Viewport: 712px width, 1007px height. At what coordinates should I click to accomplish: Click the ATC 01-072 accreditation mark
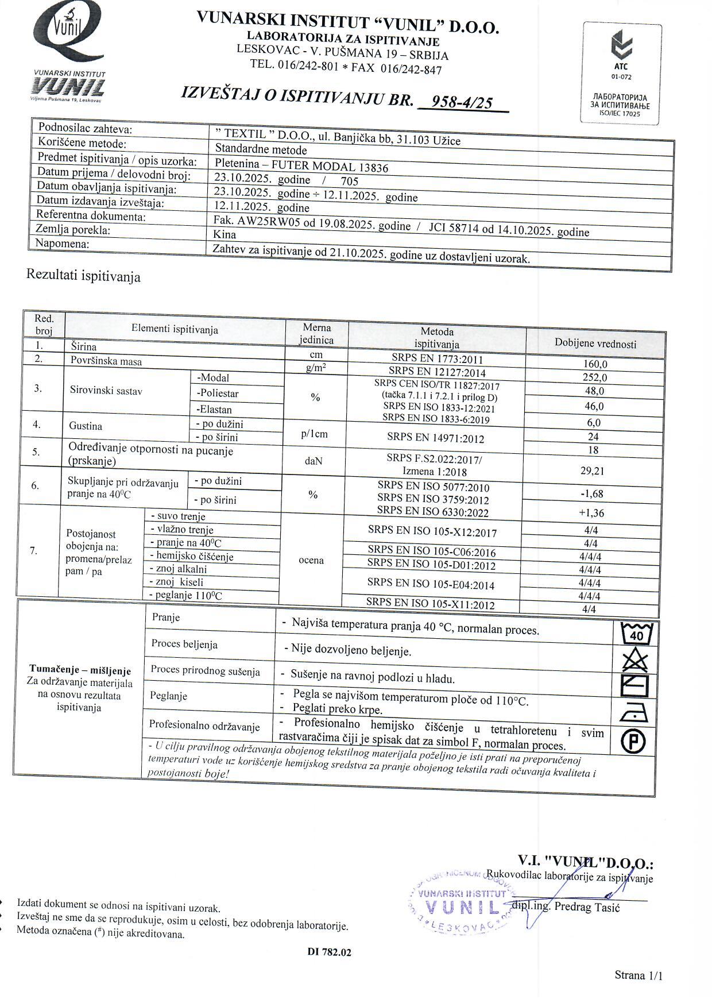coord(621,73)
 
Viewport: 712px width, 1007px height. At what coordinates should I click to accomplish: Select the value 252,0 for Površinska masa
coord(594,377)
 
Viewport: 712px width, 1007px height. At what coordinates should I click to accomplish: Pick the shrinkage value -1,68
coord(592,494)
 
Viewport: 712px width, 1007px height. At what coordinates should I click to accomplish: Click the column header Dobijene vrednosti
coord(595,344)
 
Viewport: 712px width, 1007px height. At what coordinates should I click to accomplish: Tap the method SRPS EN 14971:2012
coord(435,438)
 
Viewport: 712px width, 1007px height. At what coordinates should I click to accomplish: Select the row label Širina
coord(84,346)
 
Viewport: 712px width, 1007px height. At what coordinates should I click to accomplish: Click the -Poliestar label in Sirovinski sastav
coord(218,393)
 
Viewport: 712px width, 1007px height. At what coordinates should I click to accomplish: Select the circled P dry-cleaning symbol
coord(634,741)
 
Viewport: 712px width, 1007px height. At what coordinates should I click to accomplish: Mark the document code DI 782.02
coord(329,952)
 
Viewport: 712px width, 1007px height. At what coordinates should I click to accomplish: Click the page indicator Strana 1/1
coord(639,975)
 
